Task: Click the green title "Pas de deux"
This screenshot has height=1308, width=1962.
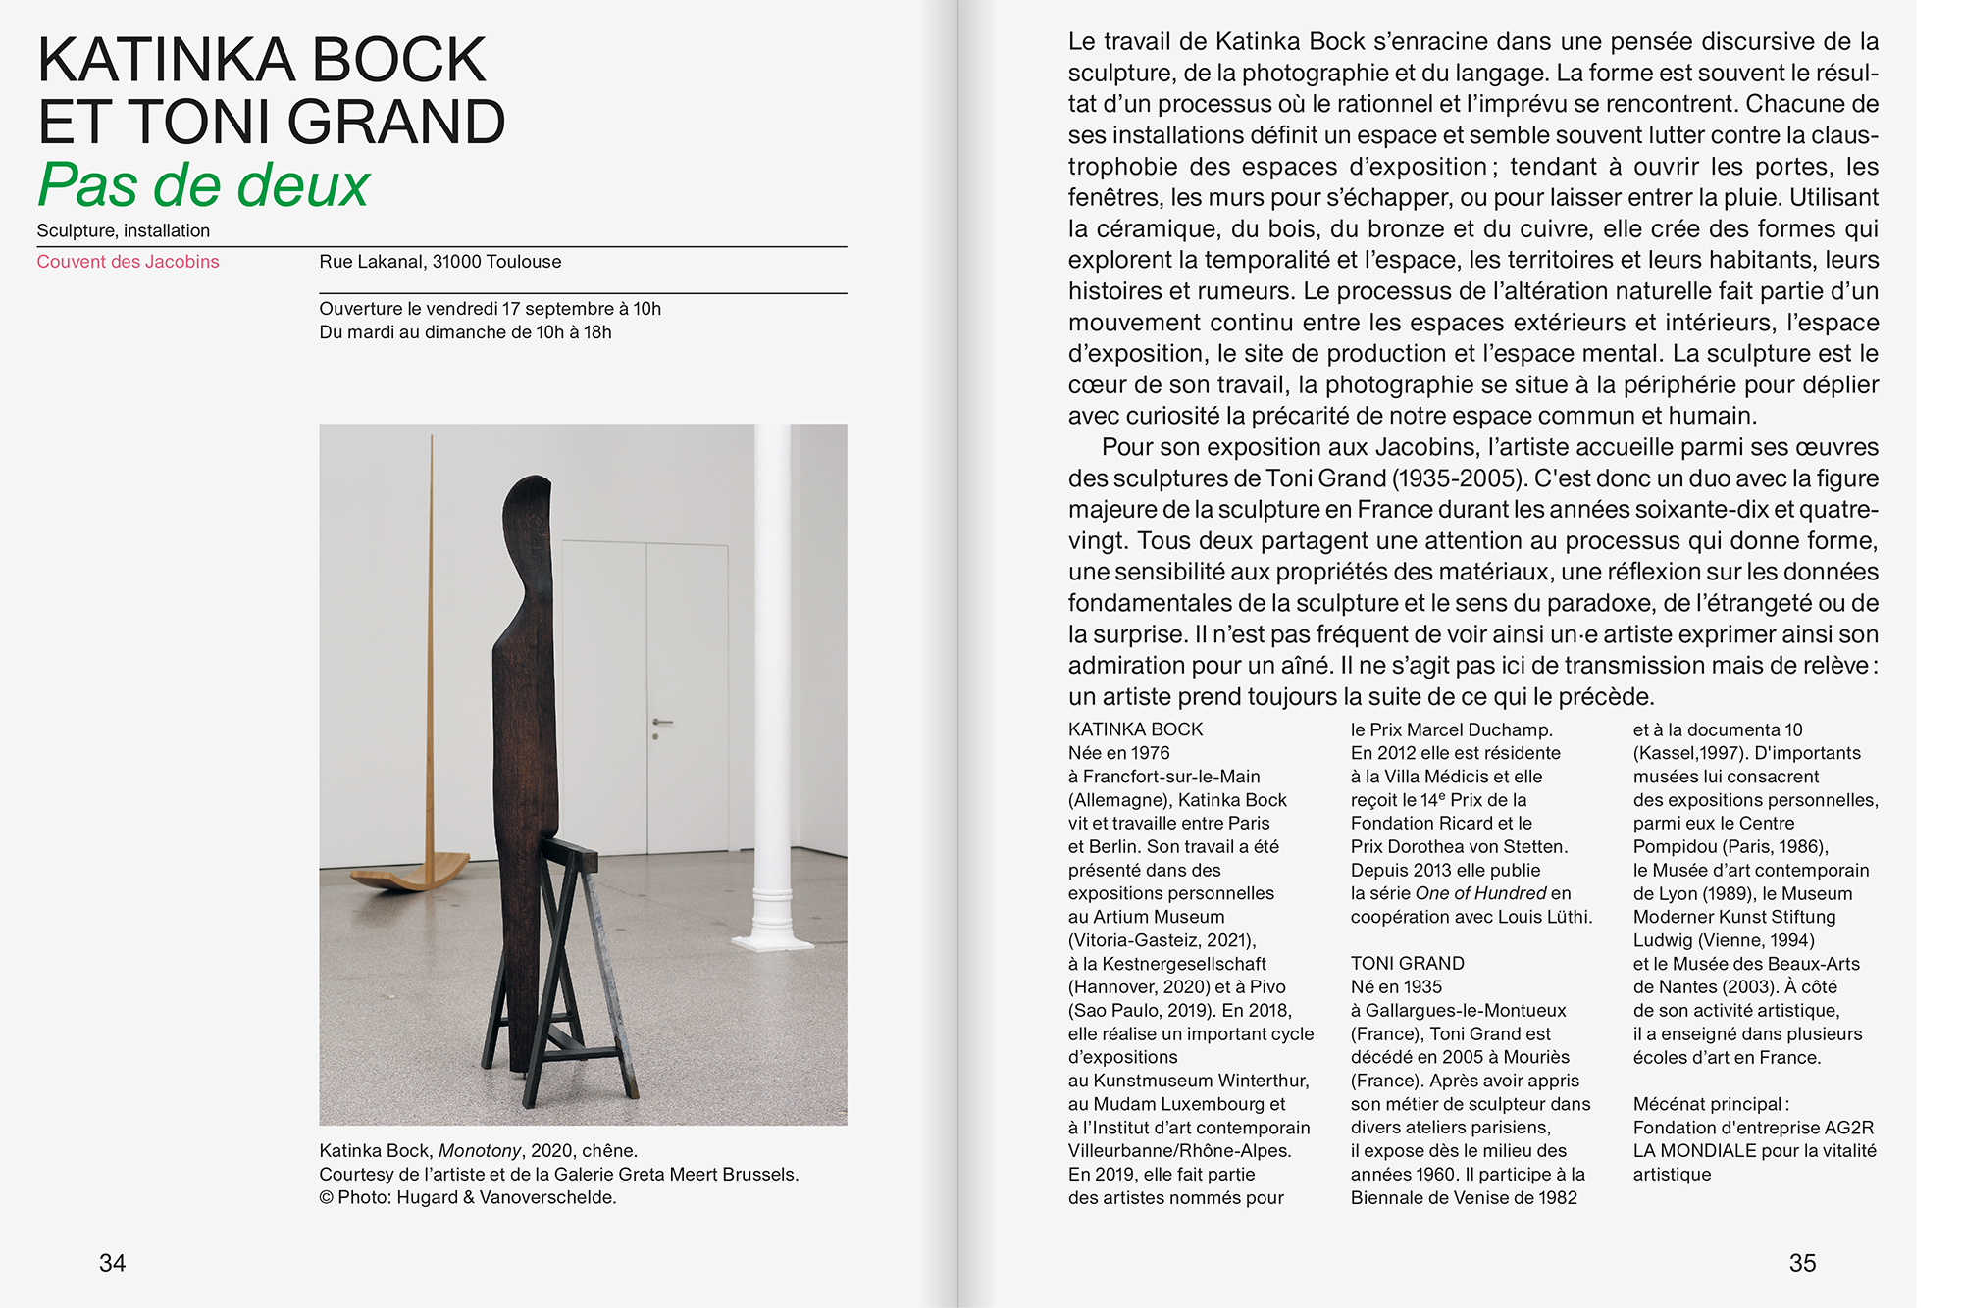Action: click(x=203, y=184)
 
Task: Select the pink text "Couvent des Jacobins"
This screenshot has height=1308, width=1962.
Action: click(x=128, y=262)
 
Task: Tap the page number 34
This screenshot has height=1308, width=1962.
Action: click(x=112, y=1263)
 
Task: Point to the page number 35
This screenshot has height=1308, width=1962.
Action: click(x=1802, y=1263)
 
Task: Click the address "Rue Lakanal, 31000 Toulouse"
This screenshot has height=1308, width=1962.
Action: click(x=439, y=262)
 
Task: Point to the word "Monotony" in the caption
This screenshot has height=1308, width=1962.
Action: click(x=480, y=1150)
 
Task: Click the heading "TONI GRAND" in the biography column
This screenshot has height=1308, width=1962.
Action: click(x=1407, y=964)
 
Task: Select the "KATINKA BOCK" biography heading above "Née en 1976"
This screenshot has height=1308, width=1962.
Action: click(x=1135, y=729)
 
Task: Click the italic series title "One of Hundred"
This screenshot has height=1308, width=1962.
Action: click(x=1480, y=893)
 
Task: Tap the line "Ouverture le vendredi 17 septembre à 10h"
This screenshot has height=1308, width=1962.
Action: click(x=490, y=309)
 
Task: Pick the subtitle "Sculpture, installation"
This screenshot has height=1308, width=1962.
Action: click(x=124, y=230)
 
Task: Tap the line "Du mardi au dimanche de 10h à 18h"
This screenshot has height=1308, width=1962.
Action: click(x=465, y=332)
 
